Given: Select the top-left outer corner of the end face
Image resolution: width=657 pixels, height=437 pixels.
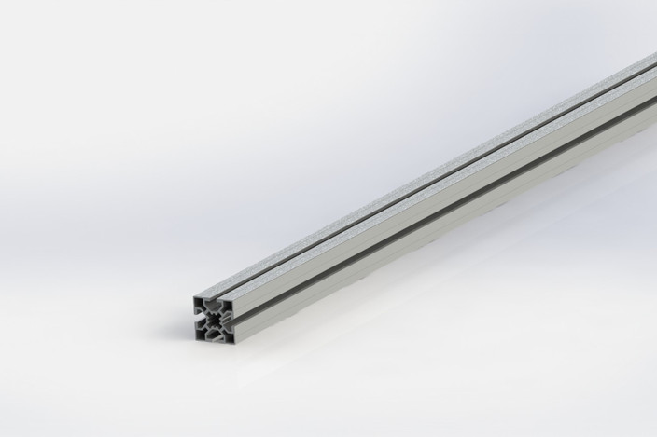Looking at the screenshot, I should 194,297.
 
